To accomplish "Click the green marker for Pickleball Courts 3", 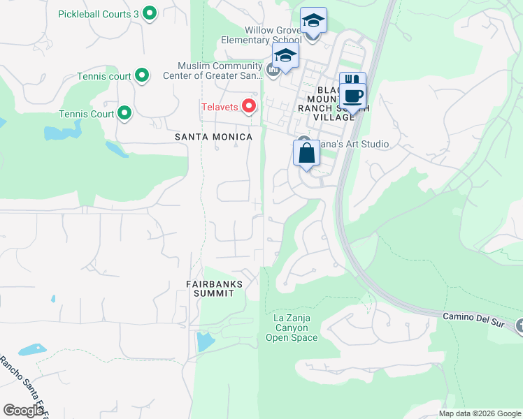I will tap(149, 13).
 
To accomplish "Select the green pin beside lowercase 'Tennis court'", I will tap(142, 75).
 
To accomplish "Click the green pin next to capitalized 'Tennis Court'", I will tap(124, 113).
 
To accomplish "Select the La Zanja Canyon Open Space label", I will tap(292, 328).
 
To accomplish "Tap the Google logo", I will tap(23, 411).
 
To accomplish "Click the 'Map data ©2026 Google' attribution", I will tap(480, 413).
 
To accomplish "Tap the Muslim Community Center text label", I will tap(213, 71).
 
